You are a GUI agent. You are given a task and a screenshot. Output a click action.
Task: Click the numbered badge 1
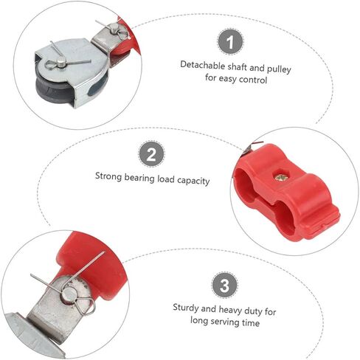pyautogui.click(x=230, y=42)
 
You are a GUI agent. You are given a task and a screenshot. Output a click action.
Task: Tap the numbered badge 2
pyautogui.click(x=151, y=154)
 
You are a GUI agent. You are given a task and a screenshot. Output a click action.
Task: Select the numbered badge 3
pyautogui.click(x=224, y=285)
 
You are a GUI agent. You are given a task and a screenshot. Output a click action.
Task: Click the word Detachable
pyautogui.click(x=203, y=65)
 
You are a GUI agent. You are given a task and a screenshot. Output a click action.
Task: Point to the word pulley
pyautogui.click(x=279, y=69)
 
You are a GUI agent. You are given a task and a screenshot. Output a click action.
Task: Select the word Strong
pyautogui.click(x=108, y=176)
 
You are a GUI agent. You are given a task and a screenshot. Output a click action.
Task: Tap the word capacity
pyautogui.click(x=193, y=181)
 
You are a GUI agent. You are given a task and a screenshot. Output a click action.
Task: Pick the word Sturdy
pyautogui.click(x=186, y=308)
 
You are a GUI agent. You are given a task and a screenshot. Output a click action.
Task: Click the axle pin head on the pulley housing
pyautogui.click(x=61, y=63)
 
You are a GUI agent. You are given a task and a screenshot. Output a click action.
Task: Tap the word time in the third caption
pyautogui.click(x=251, y=323)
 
